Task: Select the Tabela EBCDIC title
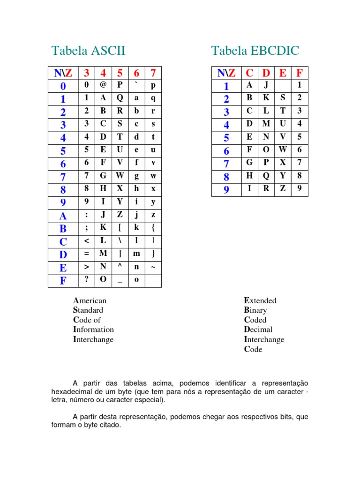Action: coord(255,51)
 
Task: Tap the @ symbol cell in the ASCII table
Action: coord(103,85)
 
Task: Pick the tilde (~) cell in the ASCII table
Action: coord(153,266)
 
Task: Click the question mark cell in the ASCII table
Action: coord(86,279)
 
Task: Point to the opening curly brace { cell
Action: coord(153,227)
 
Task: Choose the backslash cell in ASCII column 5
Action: coord(120,240)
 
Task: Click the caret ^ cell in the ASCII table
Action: coord(120,266)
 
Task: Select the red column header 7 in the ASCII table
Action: coord(153,73)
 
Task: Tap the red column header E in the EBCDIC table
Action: coord(283,73)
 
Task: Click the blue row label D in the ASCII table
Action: coord(63,255)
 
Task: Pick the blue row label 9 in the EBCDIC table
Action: coord(226,190)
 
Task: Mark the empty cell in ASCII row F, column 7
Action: coord(153,280)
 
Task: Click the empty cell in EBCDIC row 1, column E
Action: coord(283,85)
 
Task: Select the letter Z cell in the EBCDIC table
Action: coord(283,189)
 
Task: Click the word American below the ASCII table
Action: coord(90,300)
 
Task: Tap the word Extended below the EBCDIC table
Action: coord(260,300)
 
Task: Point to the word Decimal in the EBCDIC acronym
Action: coord(258,330)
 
